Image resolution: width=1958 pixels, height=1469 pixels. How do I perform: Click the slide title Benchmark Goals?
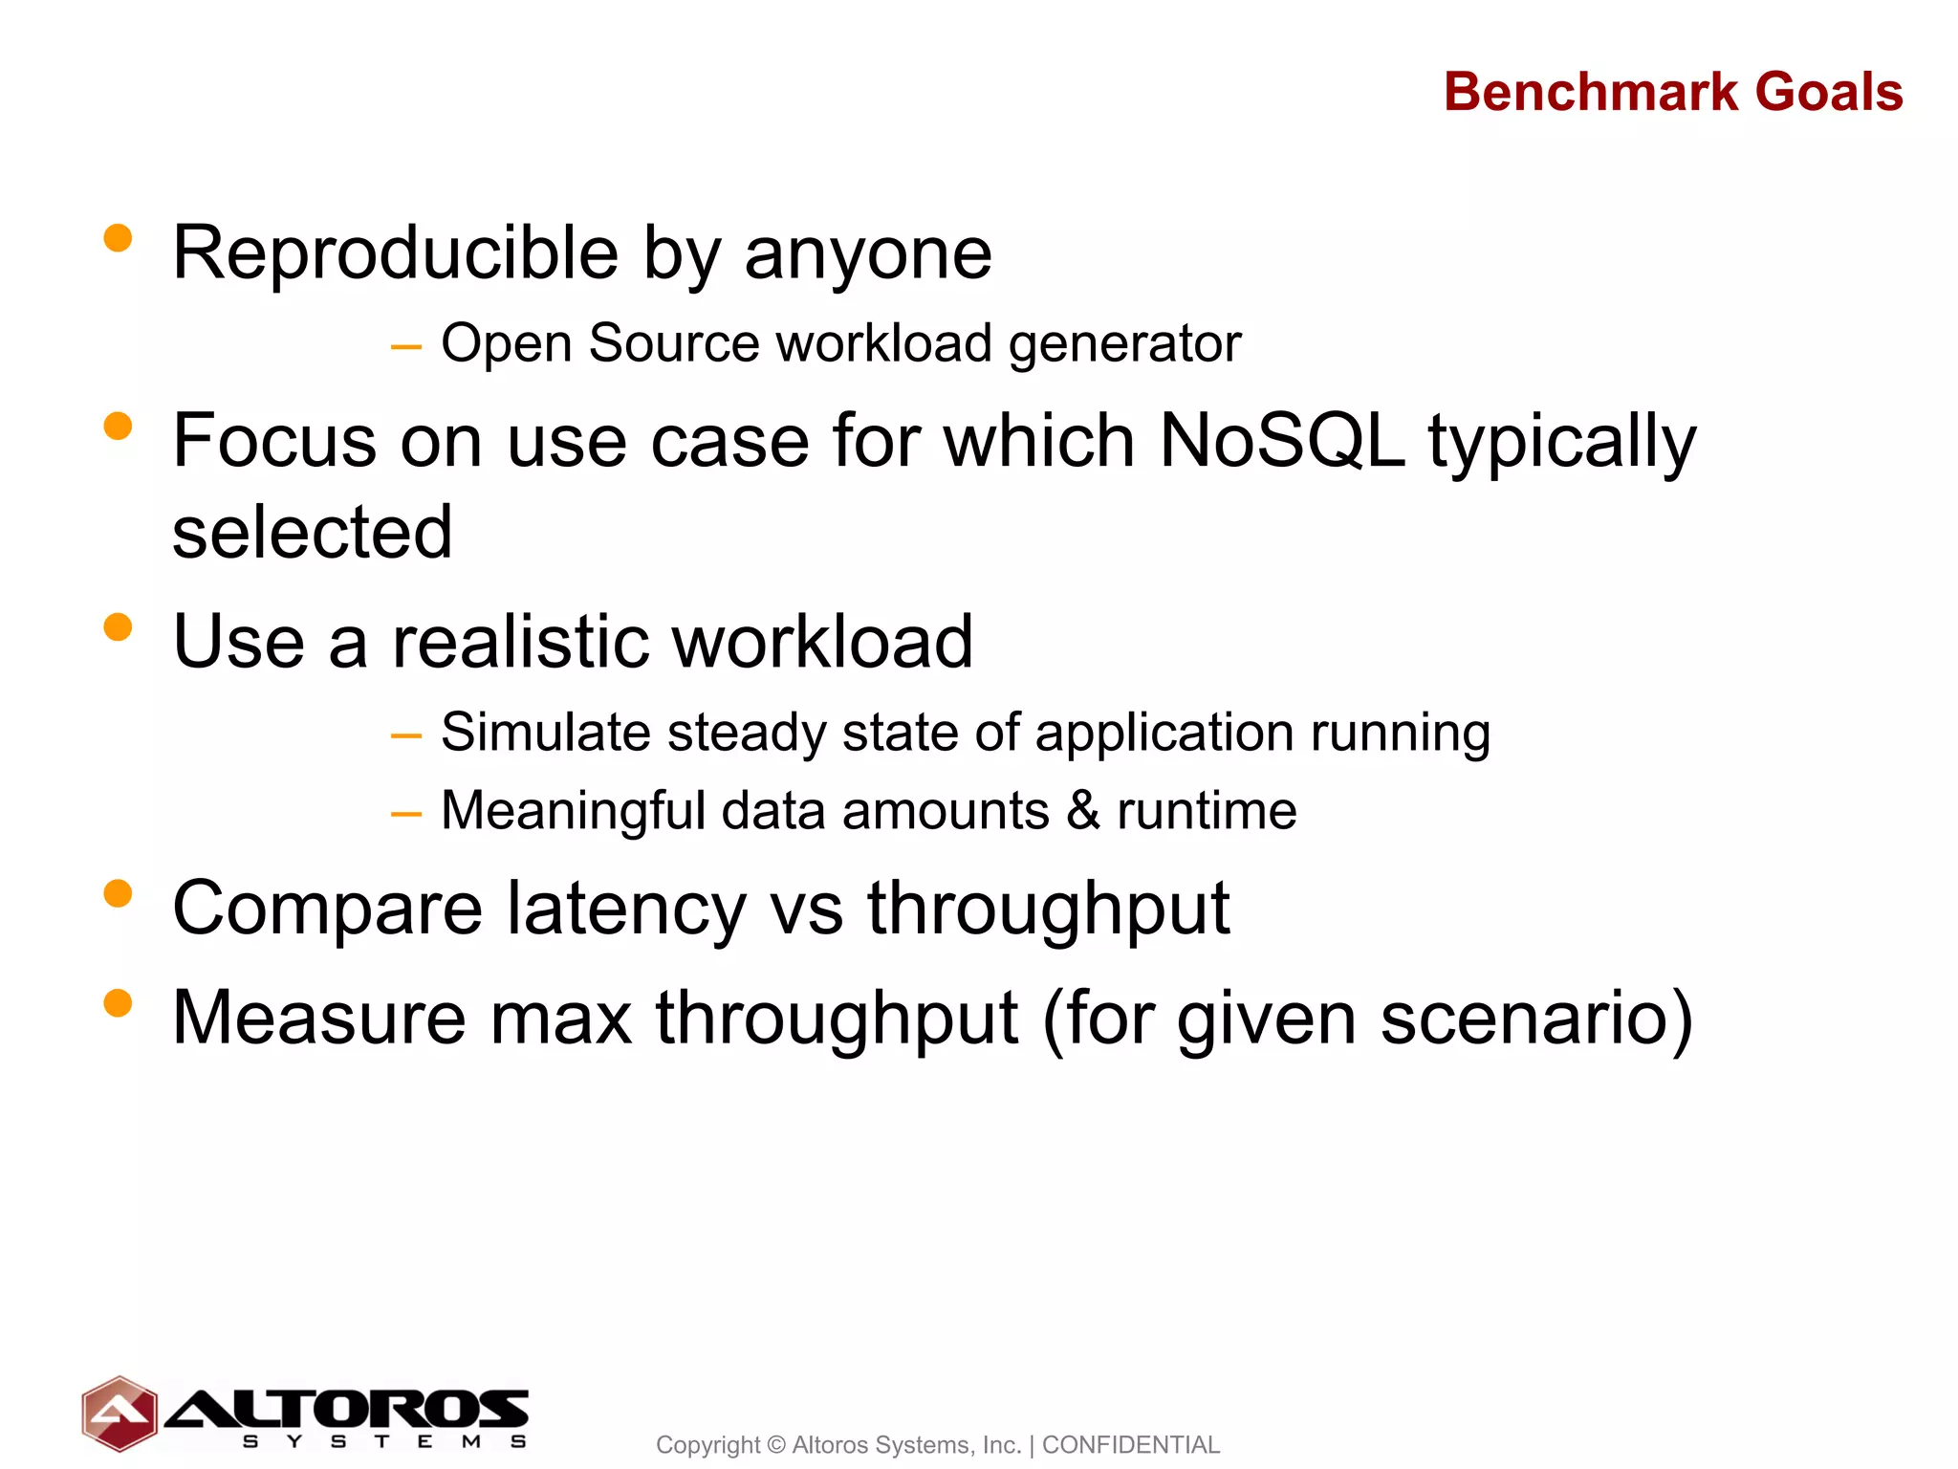(x=1672, y=92)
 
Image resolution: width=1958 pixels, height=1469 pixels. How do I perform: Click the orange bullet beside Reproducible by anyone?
(x=118, y=237)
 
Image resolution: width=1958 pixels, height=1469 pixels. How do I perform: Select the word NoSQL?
(x=1281, y=441)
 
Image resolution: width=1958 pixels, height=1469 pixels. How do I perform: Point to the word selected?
(x=312, y=532)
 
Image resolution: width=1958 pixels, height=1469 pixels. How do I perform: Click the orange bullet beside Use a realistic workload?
(x=118, y=626)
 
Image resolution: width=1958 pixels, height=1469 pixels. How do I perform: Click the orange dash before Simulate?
(x=406, y=735)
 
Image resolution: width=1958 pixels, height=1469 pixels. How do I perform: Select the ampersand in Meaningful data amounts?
(x=1083, y=810)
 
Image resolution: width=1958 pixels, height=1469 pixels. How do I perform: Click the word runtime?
(x=1207, y=811)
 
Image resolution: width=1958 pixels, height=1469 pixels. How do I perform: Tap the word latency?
(x=625, y=908)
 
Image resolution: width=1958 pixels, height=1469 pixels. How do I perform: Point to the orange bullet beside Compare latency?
(x=118, y=893)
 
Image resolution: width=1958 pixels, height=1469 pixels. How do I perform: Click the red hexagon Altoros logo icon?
(x=120, y=1414)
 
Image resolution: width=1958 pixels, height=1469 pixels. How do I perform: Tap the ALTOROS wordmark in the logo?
(x=347, y=1409)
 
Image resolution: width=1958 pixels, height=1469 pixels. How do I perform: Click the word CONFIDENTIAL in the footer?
(x=1130, y=1444)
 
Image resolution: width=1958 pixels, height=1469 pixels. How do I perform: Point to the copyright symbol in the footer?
(x=775, y=1444)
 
